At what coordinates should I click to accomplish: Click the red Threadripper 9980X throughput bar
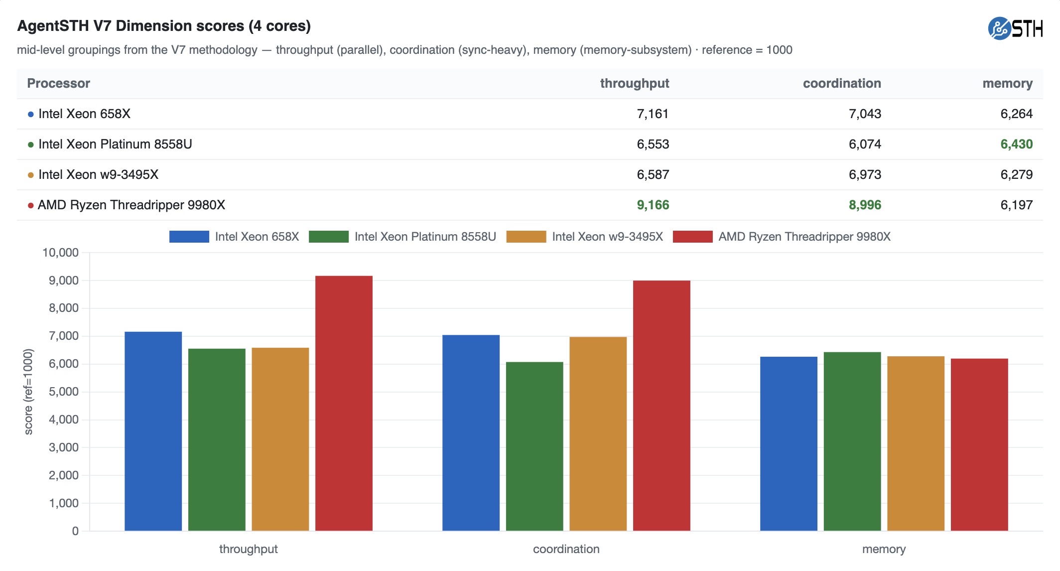[344, 403]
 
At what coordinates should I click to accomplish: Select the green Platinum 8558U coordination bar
[534, 446]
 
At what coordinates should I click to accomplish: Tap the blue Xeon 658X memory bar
[789, 444]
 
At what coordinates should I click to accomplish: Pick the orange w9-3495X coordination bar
[598, 434]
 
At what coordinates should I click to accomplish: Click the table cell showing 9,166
[653, 205]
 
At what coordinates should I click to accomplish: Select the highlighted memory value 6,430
[1017, 144]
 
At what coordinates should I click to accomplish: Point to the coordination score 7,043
[865, 114]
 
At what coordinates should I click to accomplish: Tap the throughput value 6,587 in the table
[653, 174]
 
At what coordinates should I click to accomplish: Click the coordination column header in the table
[842, 83]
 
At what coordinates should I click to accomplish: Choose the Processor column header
[59, 83]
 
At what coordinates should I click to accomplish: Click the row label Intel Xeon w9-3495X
[99, 174]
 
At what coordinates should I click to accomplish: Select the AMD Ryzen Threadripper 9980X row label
[132, 205]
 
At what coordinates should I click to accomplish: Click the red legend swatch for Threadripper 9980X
[692, 237]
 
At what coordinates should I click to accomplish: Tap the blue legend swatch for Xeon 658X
[189, 237]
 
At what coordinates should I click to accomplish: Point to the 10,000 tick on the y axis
[61, 253]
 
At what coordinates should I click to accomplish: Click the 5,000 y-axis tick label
[64, 392]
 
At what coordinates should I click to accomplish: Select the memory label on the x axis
[884, 549]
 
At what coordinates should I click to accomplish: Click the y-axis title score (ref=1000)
[28, 392]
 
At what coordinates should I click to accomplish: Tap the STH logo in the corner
[1015, 28]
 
